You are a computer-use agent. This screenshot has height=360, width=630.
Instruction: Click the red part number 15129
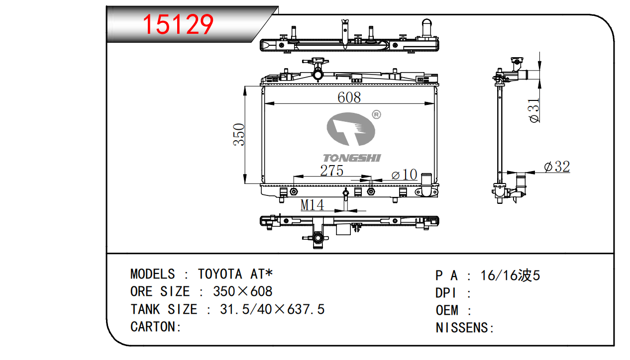[178, 24]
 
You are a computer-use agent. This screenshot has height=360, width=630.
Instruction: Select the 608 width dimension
[349, 97]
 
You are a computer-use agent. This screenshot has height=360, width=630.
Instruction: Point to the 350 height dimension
[239, 135]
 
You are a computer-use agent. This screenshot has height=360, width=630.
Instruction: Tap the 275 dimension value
[332, 171]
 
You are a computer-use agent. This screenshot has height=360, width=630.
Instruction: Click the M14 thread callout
[312, 205]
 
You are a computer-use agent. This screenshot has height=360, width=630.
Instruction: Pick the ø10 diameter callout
[404, 175]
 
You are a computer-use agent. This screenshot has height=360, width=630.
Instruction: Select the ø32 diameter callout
[557, 167]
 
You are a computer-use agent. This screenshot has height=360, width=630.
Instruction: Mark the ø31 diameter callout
[534, 110]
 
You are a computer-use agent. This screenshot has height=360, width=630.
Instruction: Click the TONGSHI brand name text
[352, 158]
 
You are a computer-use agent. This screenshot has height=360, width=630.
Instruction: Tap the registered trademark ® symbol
[376, 115]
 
